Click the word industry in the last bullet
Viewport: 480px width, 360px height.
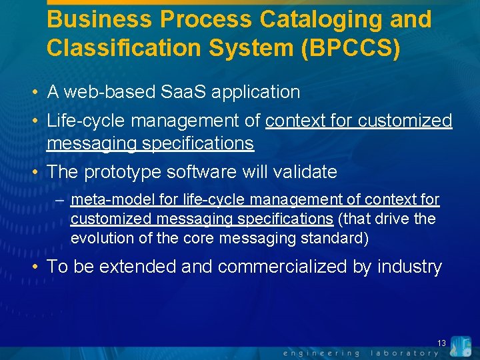click(409, 267)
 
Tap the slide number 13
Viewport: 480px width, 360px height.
click(441, 343)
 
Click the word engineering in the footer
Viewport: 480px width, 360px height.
click(321, 353)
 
